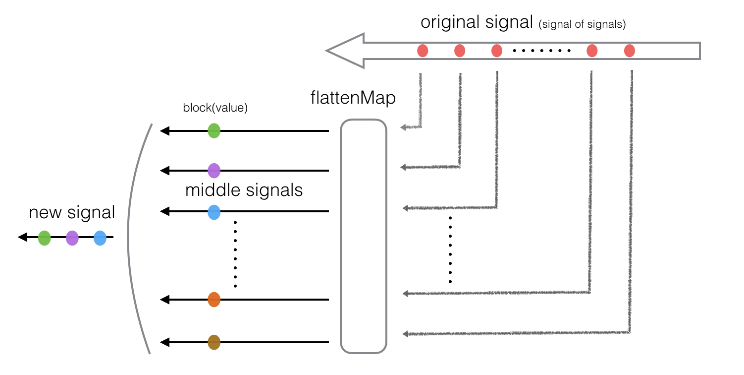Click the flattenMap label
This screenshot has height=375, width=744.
point(353,98)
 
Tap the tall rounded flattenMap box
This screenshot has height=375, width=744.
point(363,236)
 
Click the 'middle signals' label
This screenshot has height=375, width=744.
point(244,190)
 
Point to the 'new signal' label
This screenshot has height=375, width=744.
point(72,213)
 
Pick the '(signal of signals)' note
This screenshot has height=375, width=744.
point(582,25)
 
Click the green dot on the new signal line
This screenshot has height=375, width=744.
point(45,238)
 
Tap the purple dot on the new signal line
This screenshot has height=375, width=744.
point(72,238)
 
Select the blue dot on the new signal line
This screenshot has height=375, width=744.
point(100,238)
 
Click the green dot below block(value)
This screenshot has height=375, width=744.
point(214,131)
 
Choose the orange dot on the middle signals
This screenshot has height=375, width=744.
point(214,300)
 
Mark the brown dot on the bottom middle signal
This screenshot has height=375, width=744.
point(214,342)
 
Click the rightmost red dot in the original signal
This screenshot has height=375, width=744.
point(629,51)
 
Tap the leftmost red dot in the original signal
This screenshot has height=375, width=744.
point(423,51)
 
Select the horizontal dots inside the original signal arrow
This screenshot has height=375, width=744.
point(541,51)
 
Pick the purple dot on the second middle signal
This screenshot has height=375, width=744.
point(214,171)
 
